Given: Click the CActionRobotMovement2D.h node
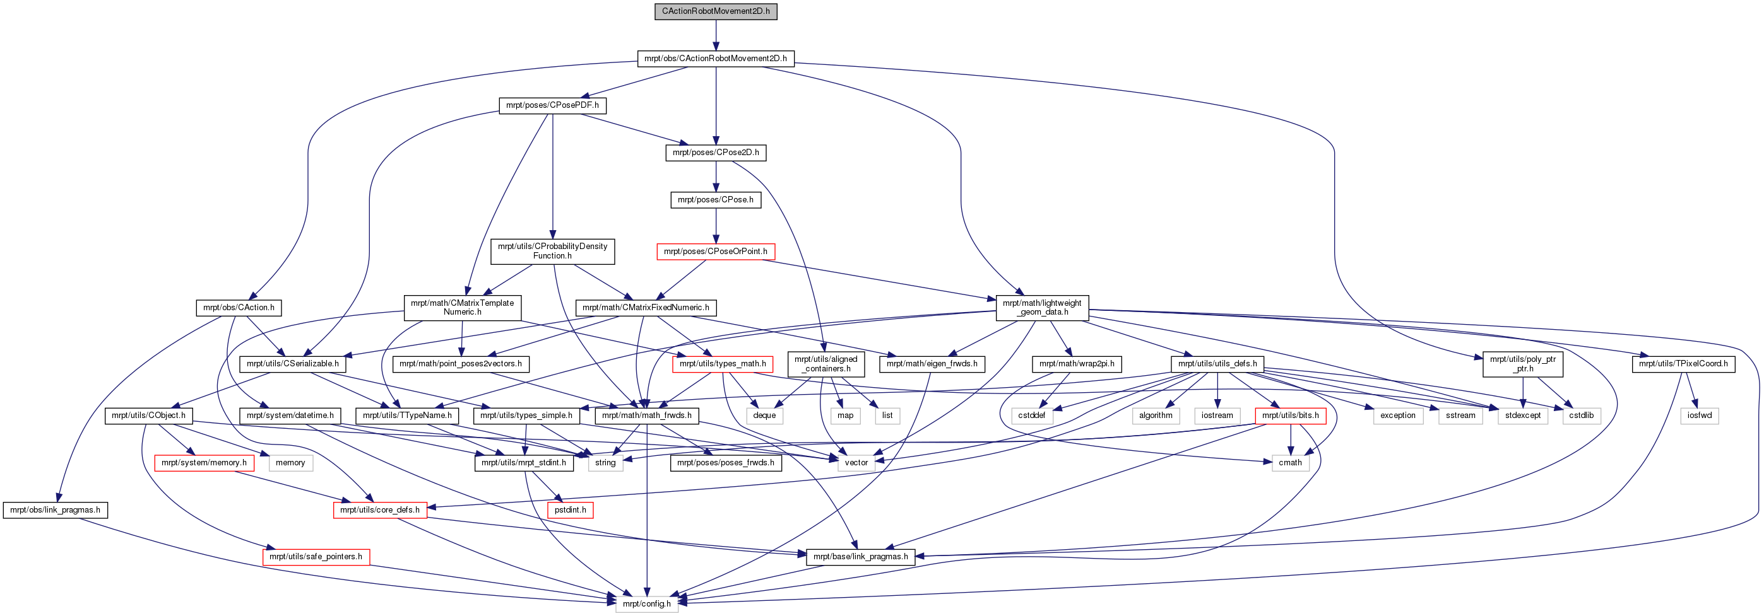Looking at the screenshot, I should point(716,11).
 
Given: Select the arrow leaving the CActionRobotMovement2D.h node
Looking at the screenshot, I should point(716,35).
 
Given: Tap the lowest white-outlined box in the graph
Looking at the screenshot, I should point(646,603).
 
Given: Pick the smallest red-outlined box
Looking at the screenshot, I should point(570,511).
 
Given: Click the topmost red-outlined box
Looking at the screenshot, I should point(716,252).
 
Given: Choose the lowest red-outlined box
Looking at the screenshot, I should point(316,558).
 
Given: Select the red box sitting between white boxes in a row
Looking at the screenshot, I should point(1290,416).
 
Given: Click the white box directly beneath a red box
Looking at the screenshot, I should point(1290,463).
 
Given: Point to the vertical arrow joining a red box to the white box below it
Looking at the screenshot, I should point(1290,439).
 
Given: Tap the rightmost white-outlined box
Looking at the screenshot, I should point(1699,416).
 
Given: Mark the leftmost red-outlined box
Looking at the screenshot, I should point(204,463).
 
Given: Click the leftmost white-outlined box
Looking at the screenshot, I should point(291,463).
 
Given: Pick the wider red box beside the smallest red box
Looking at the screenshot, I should point(380,511).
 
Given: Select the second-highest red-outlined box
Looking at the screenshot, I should point(723,365).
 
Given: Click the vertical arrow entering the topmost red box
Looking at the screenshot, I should point(716,226).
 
